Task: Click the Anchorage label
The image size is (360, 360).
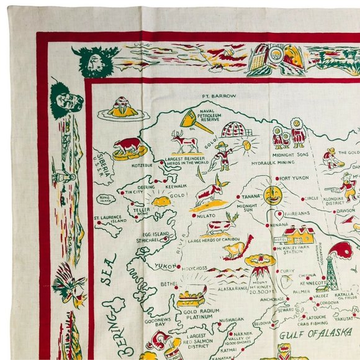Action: coord(272,299)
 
